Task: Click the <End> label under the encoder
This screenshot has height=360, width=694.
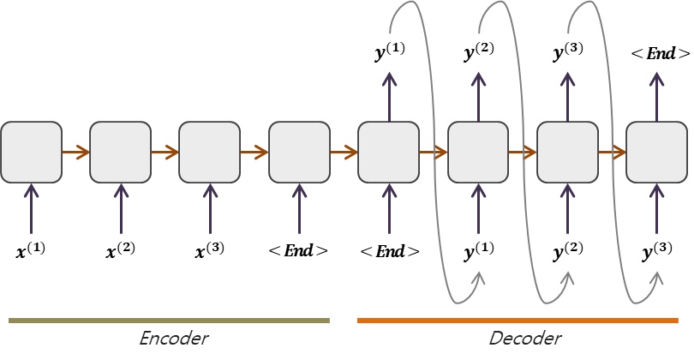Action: coord(298,251)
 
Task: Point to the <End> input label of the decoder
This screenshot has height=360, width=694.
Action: coord(391,251)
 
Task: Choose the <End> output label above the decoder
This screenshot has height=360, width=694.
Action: coord(660,53)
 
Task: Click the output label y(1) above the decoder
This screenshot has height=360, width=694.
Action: coord(391,54)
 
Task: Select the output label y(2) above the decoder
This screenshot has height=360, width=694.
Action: coord(480,54)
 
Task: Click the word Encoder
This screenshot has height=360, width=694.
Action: coord(174,339)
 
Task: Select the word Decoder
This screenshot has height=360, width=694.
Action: coord(524,339)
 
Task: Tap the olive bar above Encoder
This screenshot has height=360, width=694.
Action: coord(169,321)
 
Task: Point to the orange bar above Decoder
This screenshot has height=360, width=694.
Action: coord(518,321)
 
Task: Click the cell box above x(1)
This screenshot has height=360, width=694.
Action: coord(31,153)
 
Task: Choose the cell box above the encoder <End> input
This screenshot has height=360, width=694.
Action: coord(298,153)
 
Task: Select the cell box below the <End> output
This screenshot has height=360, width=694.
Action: coord(657,153)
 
